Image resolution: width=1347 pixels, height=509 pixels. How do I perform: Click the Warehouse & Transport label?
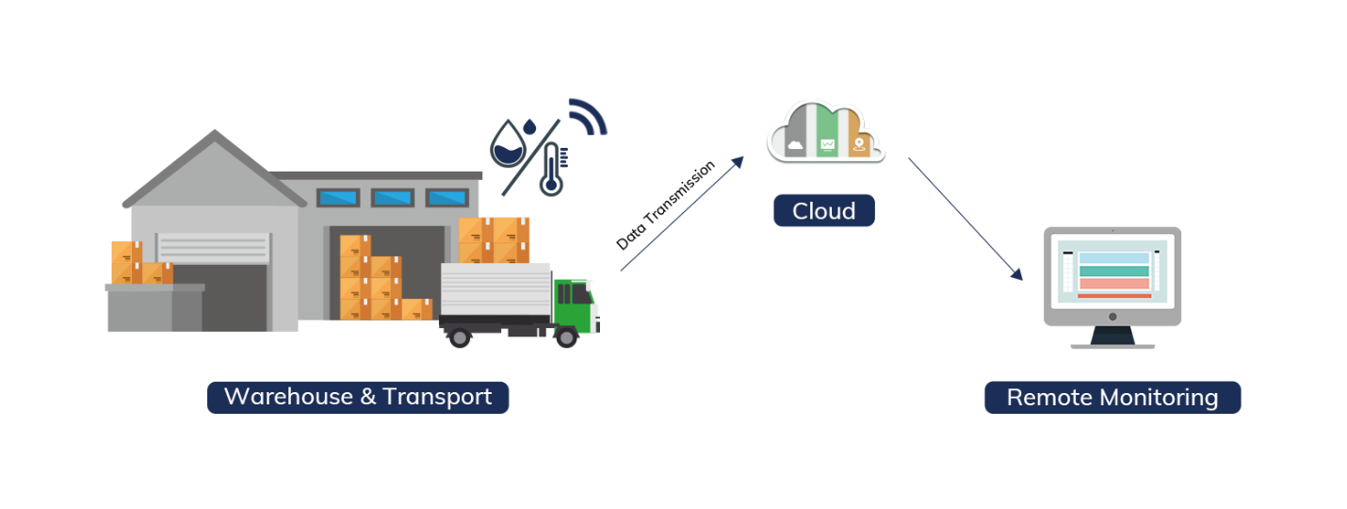[x=358, y=397]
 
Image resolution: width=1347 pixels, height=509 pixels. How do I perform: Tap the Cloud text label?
[x=823, y=210]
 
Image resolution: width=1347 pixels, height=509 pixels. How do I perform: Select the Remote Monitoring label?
[x=1112, y=398]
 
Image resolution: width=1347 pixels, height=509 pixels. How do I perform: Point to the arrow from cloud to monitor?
[x=966, y=219]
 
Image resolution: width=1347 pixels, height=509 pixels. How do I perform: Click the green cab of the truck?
[x=575, y=303]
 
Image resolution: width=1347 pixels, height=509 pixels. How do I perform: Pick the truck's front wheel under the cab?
[x=566, y=337]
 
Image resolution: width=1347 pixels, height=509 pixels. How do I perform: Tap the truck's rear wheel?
[x=460, y=337]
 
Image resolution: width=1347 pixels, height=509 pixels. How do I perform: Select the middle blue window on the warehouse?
[x=392, y=198]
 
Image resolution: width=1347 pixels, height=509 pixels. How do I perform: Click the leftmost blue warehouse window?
[x=337, y=198]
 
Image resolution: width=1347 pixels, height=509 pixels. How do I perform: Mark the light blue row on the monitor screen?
[x=1113, y=258]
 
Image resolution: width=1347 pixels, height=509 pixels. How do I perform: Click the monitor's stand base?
[x=1112, y=344]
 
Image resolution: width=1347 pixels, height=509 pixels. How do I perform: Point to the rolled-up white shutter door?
[x=214, y=248]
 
